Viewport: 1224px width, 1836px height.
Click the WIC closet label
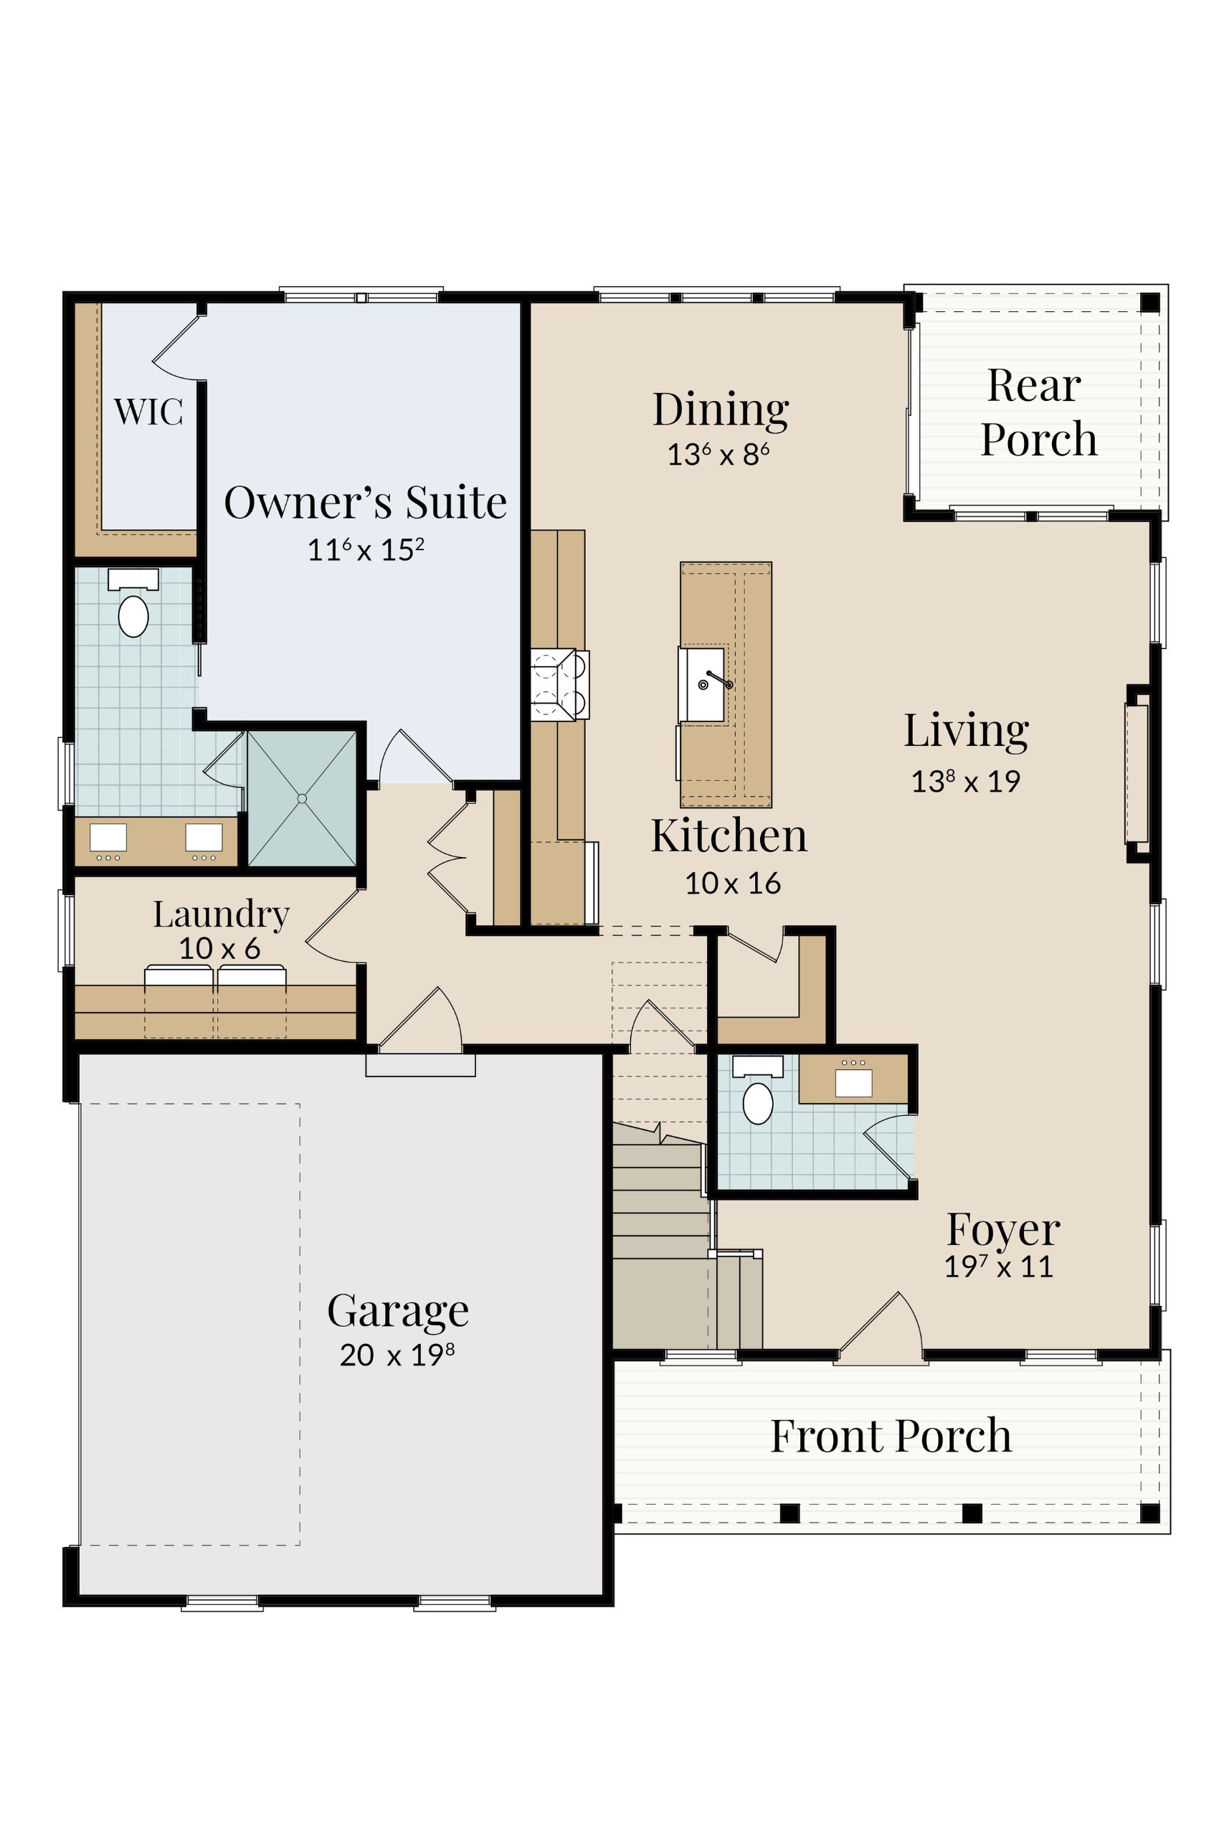(148, 412)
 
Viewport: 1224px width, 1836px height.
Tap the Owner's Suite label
(365, 501)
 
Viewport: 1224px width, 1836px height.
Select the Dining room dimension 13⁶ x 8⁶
(718, 454)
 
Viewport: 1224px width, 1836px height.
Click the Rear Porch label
(1038, 412)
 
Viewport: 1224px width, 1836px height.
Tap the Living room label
(967, 731)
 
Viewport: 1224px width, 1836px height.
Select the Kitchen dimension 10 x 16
(733, 883)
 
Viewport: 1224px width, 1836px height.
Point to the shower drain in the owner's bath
(302, 798)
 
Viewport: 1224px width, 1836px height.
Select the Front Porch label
(891, 1436)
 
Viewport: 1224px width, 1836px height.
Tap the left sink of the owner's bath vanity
(108, 838)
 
